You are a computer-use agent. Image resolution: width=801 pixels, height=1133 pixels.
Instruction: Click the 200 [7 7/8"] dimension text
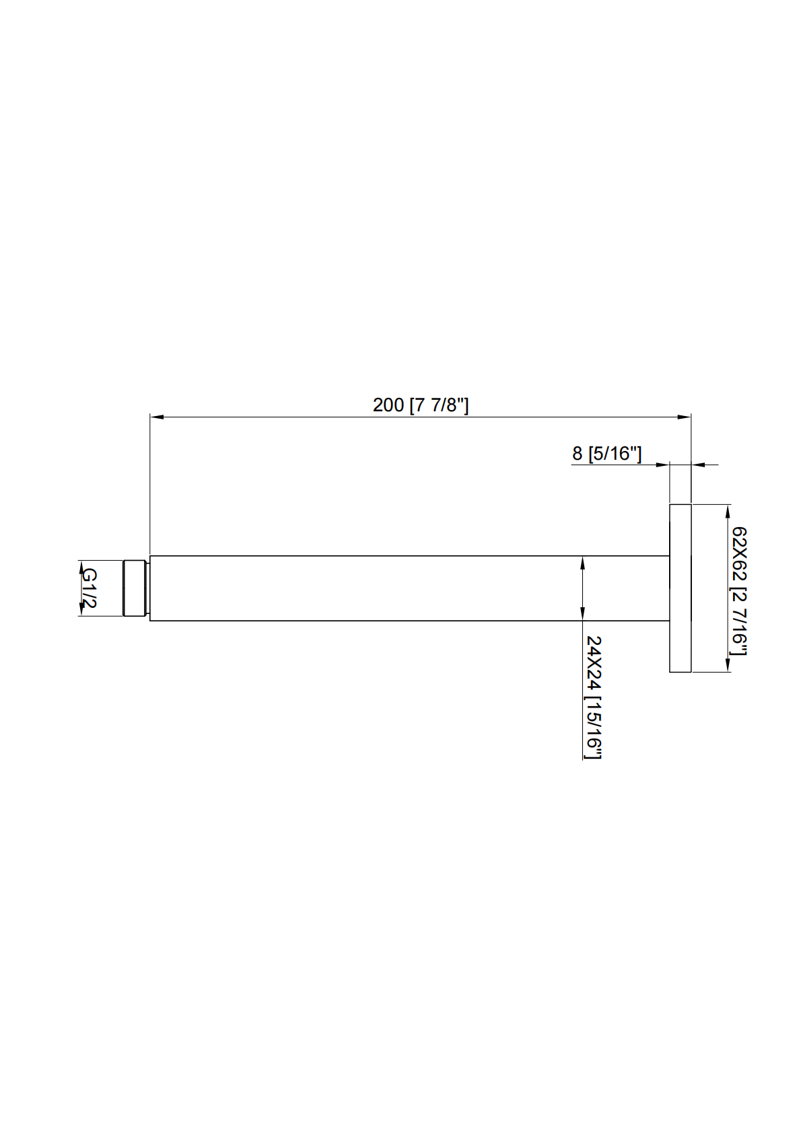[420, 405]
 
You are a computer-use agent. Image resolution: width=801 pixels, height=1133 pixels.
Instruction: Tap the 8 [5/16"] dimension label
[606, 453]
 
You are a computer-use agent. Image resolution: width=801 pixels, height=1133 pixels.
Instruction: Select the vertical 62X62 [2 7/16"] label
[739, 590]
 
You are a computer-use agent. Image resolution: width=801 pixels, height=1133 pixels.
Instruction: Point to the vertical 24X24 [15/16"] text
[593, 697]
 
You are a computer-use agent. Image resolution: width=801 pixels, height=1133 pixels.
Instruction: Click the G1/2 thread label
[89, 587]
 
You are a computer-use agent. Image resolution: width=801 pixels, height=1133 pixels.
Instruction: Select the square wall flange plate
[680, 588]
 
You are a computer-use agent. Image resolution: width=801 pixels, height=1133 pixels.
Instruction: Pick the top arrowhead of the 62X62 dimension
[728, 512]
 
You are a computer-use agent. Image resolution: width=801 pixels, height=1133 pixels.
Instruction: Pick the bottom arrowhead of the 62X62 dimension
[728, 664]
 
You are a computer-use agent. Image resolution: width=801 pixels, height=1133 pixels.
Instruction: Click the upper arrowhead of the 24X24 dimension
[582, 563]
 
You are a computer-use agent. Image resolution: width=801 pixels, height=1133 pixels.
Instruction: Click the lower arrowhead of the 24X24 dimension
[582, 613]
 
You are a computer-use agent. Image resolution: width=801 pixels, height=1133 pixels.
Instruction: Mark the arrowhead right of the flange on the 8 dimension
[698, 464]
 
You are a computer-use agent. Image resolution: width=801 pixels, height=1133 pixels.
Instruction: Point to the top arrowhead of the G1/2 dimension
[81, 566]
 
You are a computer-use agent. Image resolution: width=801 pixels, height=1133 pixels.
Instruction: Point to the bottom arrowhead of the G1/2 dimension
[81, 609]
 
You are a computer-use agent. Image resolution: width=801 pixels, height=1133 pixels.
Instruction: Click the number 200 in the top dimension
[388, 405]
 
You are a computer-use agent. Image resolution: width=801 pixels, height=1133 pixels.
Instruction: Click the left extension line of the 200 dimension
[149, 485]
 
